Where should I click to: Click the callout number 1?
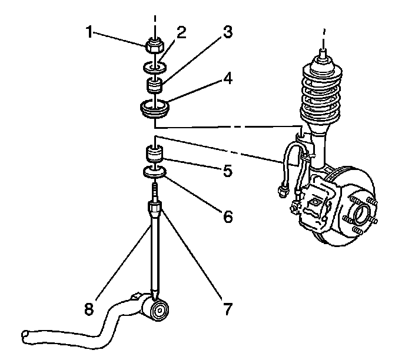click(89, 32)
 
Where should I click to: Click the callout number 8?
click(88, 309)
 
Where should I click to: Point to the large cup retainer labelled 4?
click(155, 109)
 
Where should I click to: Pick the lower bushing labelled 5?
click(155, 155)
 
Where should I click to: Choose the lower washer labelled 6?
click(155, 172)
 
